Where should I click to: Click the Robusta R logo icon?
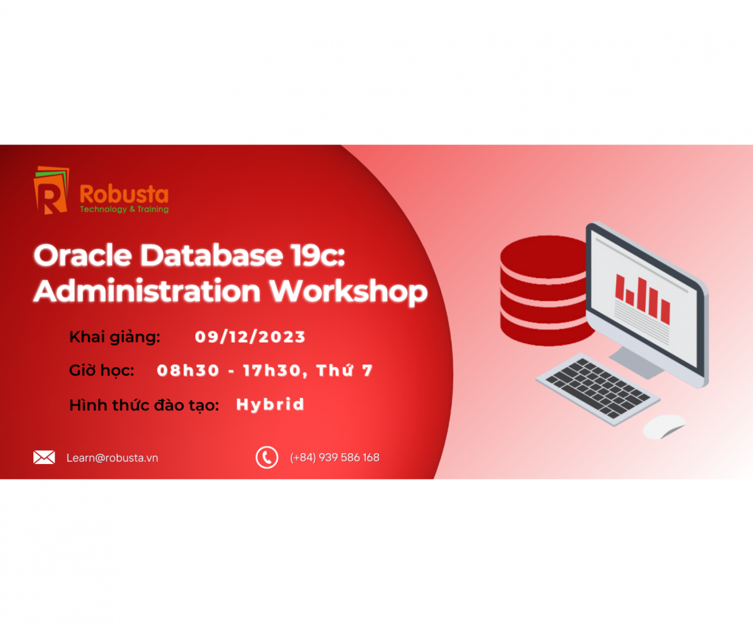[51, 191]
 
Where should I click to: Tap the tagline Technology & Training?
[124, 210]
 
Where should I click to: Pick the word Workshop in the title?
[349, 291]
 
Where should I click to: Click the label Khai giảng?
[115, 337]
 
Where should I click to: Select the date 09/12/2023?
[250, 337]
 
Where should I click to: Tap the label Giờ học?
[102, 371]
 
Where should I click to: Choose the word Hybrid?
[270, 405]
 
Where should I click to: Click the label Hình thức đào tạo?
[144, 406]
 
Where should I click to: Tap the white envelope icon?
[44, 457]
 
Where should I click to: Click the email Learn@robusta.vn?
[112, 458]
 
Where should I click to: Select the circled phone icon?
[267, 457]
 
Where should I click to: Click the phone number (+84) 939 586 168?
[334, 458]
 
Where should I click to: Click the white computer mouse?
[664, 426]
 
